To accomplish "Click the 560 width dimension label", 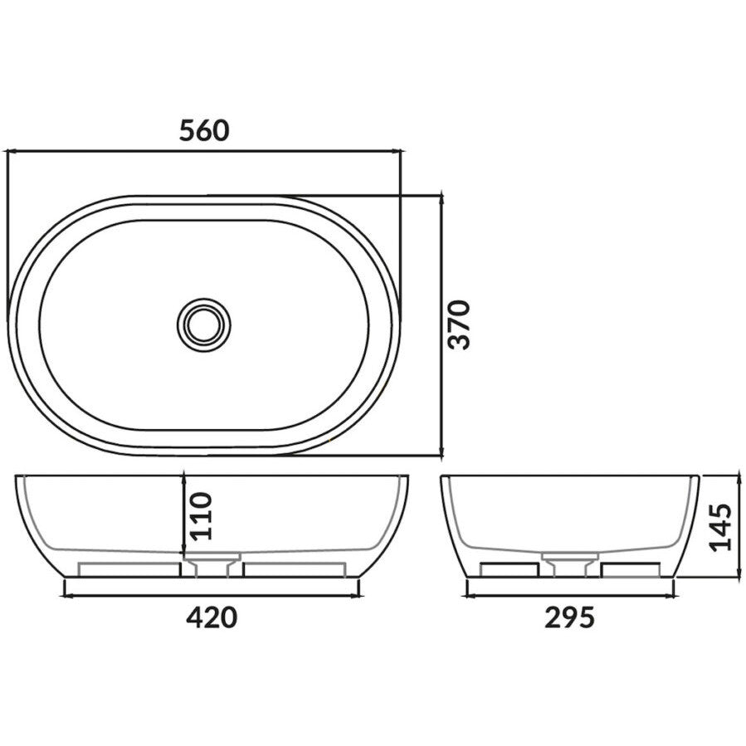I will point(203,130).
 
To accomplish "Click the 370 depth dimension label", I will point(459,324).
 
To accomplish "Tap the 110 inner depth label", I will point(202,515).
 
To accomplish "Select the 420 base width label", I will point(211,617).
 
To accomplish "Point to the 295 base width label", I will point(570,617).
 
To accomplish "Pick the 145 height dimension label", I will point(721,526).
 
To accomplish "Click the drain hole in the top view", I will point(203,324).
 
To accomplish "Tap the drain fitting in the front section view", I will point(211,567).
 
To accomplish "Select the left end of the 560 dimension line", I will point(7,152).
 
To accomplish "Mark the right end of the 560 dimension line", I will point(401,152).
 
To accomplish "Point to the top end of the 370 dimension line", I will point(441,197).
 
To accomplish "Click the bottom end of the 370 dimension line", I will point(441,455).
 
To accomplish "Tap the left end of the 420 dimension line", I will point(65,595).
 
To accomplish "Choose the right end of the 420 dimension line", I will point(359,595).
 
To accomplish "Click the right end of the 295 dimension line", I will point(674,595).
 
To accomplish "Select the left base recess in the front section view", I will point(129,569).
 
